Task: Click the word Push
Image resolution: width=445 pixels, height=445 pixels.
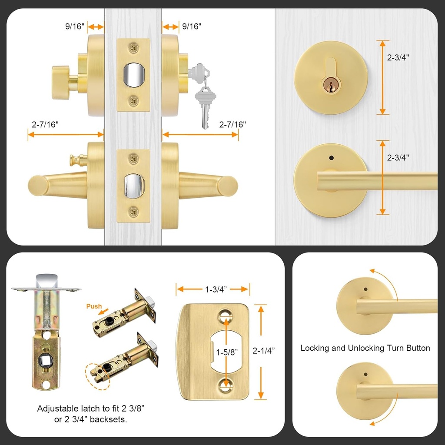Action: (x=93, y=306)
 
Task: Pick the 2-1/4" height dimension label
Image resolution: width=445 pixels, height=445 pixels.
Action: (x=263, y=350)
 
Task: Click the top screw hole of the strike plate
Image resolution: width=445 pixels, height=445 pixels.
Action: (x=226, y=315)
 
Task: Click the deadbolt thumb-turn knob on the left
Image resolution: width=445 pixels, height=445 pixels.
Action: (x=61, y=82)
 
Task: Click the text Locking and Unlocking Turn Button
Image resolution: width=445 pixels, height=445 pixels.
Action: (x=365, y=348)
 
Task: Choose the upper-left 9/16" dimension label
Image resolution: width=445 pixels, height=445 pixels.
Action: (x=75, y=27)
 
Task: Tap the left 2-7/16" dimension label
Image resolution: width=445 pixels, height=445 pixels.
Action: (x=45, y=124)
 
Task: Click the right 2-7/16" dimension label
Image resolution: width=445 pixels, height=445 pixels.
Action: (x=232, y=124)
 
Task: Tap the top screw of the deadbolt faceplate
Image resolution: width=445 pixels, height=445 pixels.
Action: (x=133, y=46)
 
